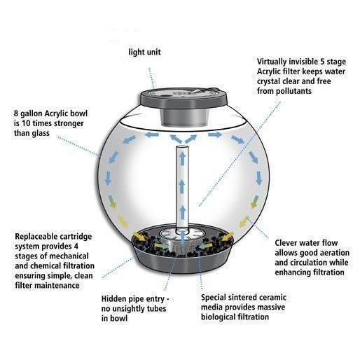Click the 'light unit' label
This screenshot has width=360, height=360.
(x=144, y=52)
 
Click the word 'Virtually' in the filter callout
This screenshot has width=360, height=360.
(x=272, y=62)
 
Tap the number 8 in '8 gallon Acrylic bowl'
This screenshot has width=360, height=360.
(x=16, y=113)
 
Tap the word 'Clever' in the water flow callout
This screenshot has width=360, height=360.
(x=285, y=243)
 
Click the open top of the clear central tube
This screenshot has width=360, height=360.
(x=182, y=148)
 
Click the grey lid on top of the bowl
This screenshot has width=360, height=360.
(x=184, y=98)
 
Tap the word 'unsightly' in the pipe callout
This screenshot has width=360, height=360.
(x=127, y=309)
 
